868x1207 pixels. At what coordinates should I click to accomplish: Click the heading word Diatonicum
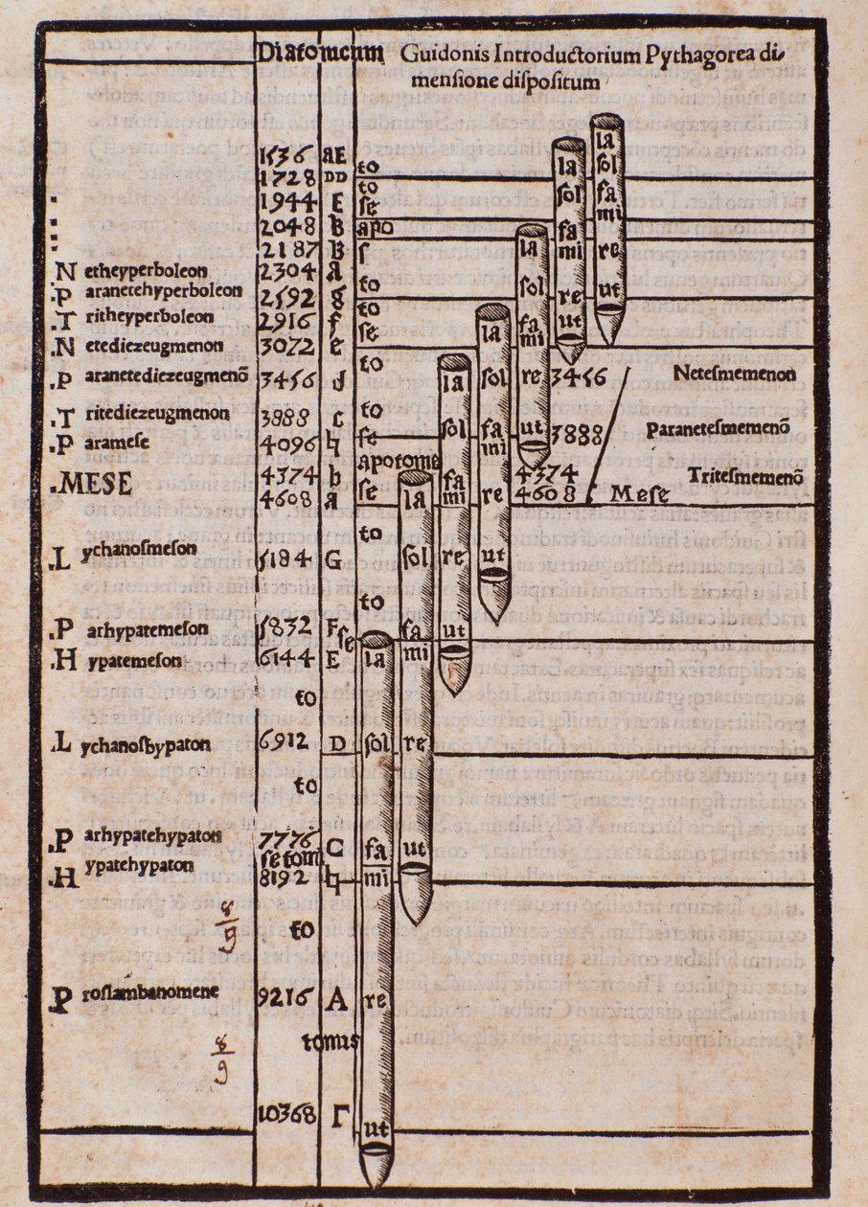point(320,53)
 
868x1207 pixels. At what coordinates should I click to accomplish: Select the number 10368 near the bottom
point(288,1114)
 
